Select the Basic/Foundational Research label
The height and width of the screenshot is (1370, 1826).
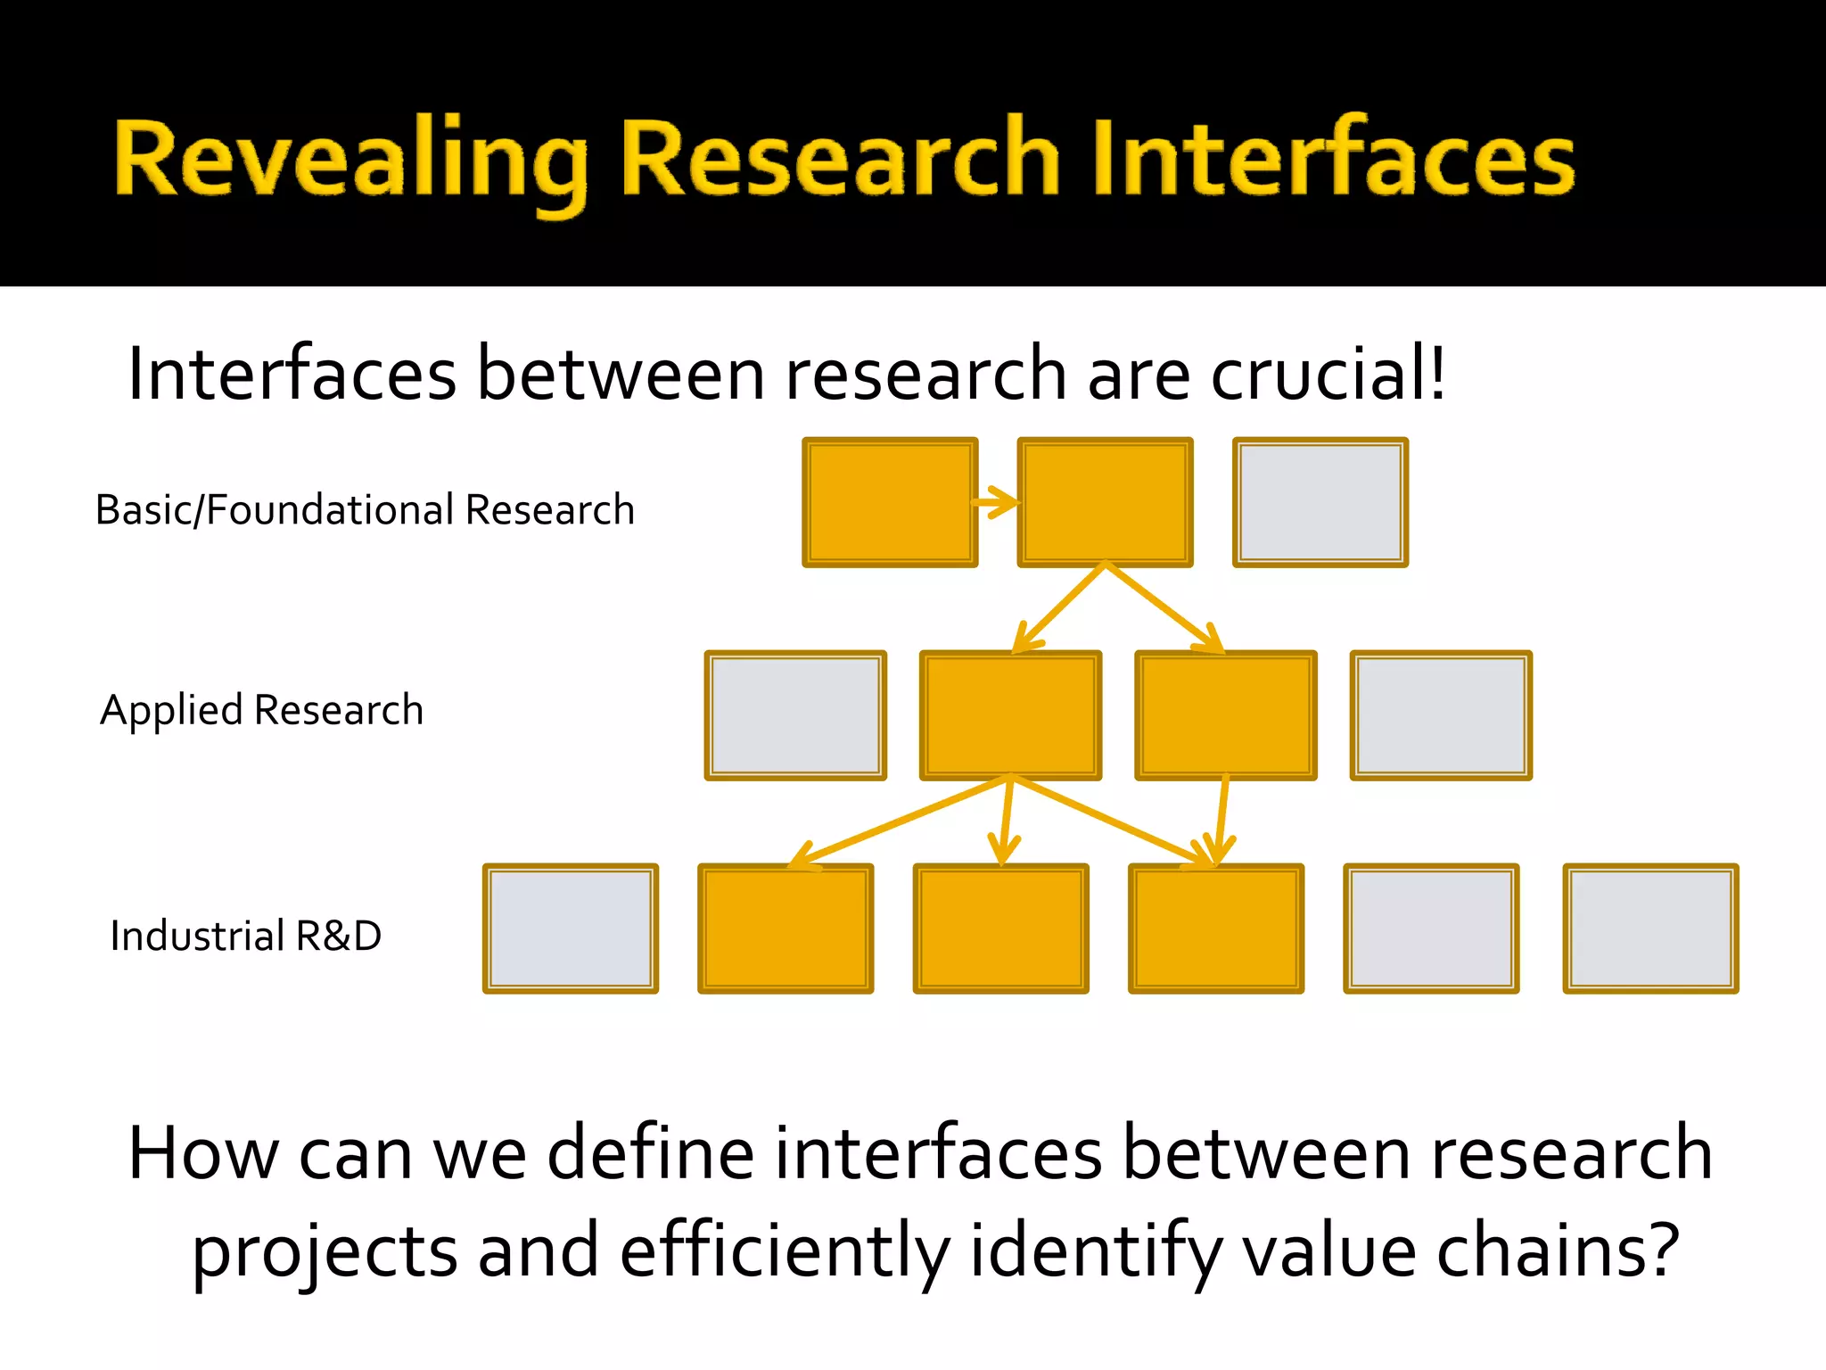click(x=365, y=510)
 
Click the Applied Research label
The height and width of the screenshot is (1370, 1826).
click(x=262, y=710)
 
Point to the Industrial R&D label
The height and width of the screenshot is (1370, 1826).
click(x=246, y=936)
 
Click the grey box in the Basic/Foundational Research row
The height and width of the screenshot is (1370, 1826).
click(x=1320, y=502)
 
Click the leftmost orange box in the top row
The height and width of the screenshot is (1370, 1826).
click(x=890, y=502)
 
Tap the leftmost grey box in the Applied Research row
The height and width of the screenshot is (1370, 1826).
click(x=795, y=715)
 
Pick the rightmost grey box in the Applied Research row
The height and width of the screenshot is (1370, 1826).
click(x=1441, y=715)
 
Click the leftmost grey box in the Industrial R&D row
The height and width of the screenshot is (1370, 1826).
click(x=571, y=928)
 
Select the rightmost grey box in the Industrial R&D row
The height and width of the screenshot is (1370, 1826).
click(x=1650, y=928)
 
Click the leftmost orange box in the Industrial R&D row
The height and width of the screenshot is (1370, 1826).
click(x=786, y=928)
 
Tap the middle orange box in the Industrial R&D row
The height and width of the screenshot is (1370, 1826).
click(x=1001, y=928)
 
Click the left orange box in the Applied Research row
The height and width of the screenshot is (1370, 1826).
click(x=1011, y=715)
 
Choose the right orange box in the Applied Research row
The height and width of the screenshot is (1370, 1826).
click(x=1226, y=715)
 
